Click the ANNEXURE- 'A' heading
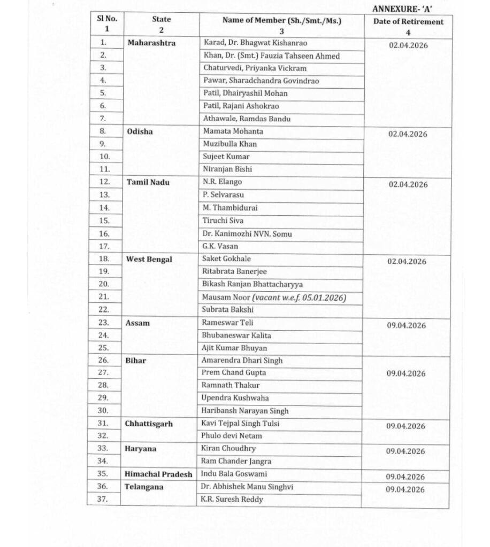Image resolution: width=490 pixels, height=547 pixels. click(x=407, y=9)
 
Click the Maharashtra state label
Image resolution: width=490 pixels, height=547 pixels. click(x=151, y=43)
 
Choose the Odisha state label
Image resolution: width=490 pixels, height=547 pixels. click(x=140, y=131)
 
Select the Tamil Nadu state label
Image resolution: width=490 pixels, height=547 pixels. click(x=148, y=182)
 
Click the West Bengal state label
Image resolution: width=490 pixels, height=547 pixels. click(x=149, y=259)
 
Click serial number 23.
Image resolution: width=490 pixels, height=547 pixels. click(x=103, y=323)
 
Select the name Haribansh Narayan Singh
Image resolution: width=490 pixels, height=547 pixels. click(x=246, y=411)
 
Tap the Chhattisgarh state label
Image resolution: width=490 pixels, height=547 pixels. click(x=149, y=424)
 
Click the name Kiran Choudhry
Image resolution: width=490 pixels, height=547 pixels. click(x=228, y=449)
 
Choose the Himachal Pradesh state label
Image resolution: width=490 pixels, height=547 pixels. click(x=158, y=474)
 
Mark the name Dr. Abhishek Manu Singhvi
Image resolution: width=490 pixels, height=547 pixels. click(x=248, y=487)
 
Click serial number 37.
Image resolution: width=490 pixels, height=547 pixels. click(x=103, y=499)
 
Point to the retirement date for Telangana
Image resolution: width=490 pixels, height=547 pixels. click(x=406, y=489)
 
